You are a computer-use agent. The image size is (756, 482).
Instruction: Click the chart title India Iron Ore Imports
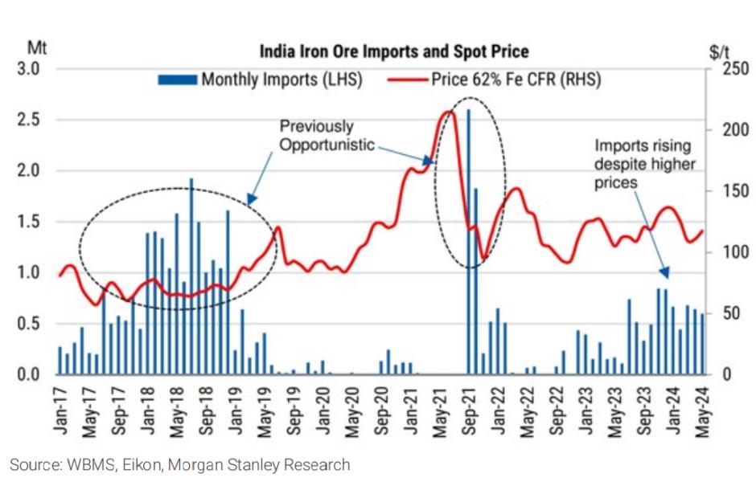click(x=393, y=52)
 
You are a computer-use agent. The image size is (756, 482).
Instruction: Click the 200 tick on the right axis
click(x=721, y=130)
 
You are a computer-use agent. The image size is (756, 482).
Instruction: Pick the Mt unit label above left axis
click(x=37, y=47)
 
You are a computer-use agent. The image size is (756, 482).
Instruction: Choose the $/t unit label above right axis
click(x=719, y=52)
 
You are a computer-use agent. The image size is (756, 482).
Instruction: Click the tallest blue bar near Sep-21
click(x=468, y=241)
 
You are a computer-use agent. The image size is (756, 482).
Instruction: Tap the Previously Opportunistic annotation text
click(x=327, y=136)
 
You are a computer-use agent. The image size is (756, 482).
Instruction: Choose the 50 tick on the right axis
click(x=718, y=313)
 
